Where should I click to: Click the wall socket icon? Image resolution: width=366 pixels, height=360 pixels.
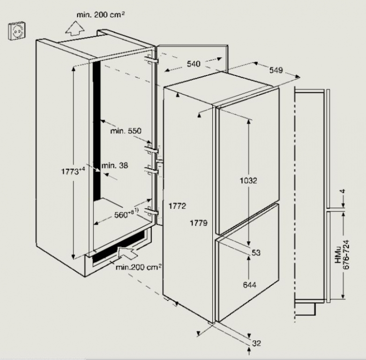16,31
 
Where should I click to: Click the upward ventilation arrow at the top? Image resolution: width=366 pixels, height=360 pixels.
75,28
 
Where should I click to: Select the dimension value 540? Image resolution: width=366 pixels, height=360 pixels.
194,64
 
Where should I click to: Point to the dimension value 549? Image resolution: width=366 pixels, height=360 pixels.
276,70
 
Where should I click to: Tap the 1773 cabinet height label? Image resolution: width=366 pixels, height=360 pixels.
73,172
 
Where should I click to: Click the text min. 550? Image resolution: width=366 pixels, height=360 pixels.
126,131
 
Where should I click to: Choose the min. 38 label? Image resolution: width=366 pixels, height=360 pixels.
115,165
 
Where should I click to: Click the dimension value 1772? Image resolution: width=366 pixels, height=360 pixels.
177,206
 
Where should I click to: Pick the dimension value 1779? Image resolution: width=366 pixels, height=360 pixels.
199,223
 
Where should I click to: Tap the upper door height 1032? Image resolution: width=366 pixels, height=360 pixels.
248,180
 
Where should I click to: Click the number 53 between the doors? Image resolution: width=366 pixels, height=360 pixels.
256,253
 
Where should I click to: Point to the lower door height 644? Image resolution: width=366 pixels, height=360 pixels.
249,285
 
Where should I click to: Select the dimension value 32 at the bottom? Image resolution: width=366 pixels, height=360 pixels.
256,343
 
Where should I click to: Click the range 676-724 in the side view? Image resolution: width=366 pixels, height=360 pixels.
346,255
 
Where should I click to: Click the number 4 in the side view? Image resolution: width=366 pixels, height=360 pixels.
343,191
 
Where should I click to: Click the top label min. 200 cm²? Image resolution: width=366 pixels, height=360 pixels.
101,15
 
